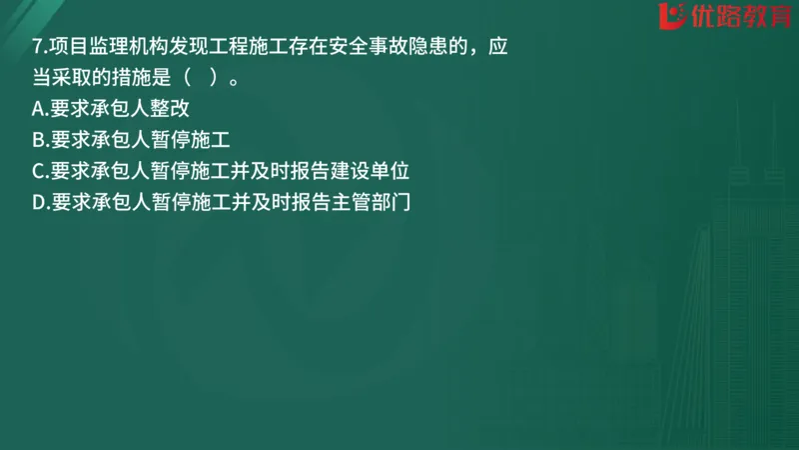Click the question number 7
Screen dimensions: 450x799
pos(37,47)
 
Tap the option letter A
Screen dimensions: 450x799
pos(38,109)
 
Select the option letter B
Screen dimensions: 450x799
pos(38,140)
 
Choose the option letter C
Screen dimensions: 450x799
pos(38,171)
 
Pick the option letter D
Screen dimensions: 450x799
pos(38,202)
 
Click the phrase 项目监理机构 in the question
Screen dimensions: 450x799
pos(111,47)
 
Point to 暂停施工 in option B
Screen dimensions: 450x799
pos(190,140)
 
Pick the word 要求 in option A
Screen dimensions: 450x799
pos(70,109)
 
